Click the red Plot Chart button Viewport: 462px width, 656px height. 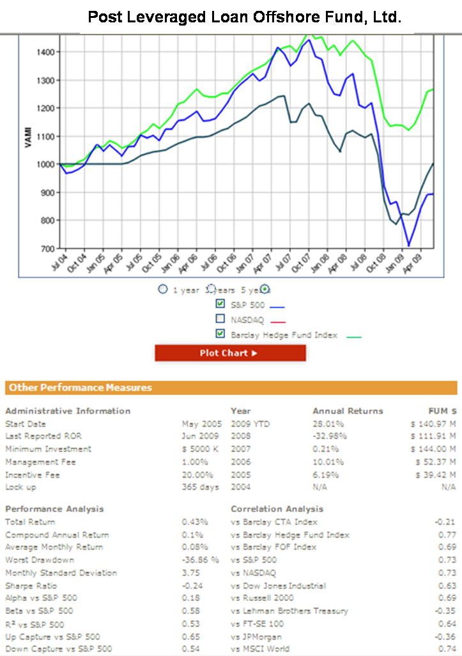click(x=230, y=353)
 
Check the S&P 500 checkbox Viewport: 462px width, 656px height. click(x=220, y=304)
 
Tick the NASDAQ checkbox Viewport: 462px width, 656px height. click(x=220, y=318)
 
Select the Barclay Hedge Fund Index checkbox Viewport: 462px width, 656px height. click(x=220, y=333)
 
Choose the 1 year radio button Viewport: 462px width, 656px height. click(x=163, y=290)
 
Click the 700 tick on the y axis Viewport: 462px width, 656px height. click(x=48, y=248)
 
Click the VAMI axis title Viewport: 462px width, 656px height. click(x=28, y=136)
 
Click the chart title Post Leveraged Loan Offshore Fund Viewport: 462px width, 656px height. click(x=245, y=17)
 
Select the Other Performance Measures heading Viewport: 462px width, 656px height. click(x=79, y=387)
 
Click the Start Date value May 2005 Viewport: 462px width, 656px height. click(x=202, y=424)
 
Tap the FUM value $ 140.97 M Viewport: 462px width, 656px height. click(x=433, y=424)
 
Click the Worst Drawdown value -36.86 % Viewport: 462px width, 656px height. click(x=200, y=560)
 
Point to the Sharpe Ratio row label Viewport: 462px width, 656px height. click(x=31, y=586)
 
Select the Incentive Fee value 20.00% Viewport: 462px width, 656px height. click(x=197, y=475)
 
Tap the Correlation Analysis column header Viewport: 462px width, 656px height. click(x=277, y=509)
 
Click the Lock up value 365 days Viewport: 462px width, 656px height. click(x=200, y=487)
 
